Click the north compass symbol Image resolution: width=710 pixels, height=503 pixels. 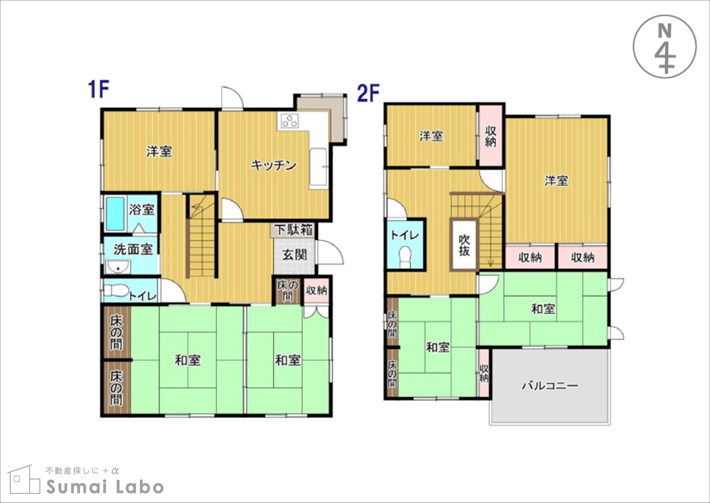click(665, 46)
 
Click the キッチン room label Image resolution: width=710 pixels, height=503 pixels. click(274, 165)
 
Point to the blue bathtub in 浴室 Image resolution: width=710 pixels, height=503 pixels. click(115, 214)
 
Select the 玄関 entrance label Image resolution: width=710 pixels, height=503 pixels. click(294, 255)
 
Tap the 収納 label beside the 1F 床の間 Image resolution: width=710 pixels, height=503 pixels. click(316, 290)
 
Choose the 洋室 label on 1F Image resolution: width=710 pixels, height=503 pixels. click(159, 151)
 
